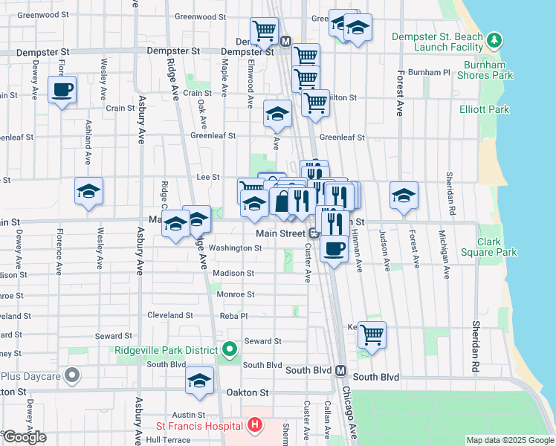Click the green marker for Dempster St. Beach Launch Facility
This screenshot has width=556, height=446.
[494, 39]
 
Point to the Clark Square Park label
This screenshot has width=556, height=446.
[497, 247]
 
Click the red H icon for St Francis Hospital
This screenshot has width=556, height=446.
[254, 425]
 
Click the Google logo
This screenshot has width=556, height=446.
[24, 437]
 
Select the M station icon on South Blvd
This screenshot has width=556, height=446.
[341, 370]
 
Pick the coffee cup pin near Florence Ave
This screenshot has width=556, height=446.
[62, 90]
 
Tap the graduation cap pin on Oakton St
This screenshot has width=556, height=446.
[199, 381]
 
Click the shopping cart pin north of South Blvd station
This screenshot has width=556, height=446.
[371, 334]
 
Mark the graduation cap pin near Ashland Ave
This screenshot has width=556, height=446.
[88, 192]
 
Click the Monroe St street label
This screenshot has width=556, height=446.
[235, 294]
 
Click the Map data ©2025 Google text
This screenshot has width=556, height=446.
[510, 440]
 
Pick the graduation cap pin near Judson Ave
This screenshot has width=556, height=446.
[404, 195]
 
